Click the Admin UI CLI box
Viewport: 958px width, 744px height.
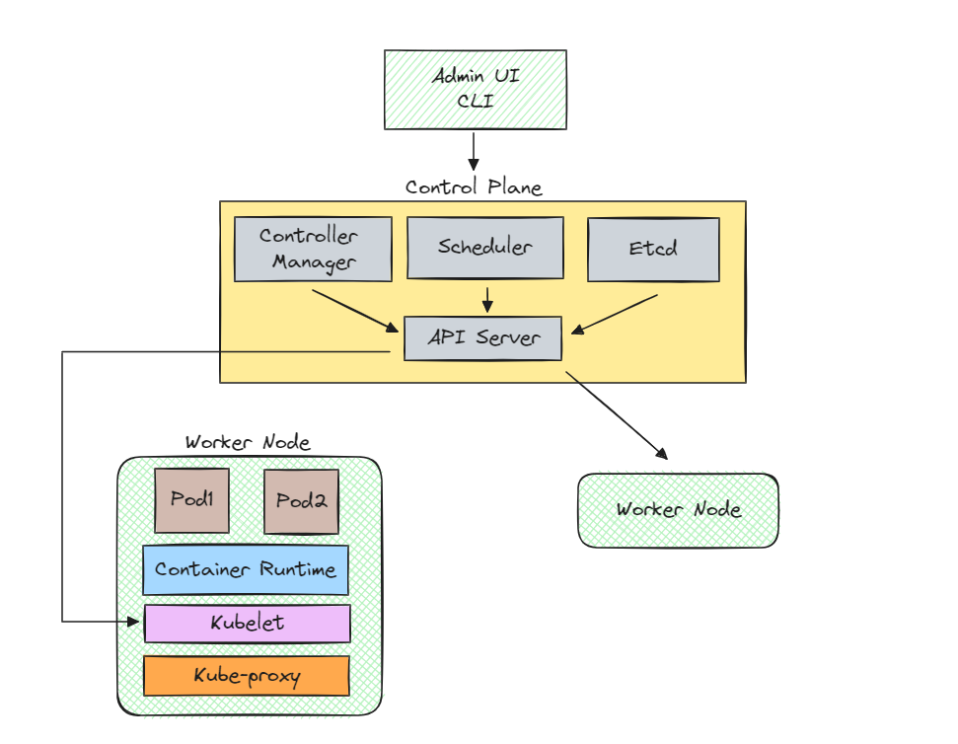pos(475,90)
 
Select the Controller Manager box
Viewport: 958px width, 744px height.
pos(313,249)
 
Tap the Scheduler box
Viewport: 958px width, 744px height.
pos(484,248)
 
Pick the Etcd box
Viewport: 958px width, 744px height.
pos(653,250)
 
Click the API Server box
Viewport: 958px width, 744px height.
pos(482,337)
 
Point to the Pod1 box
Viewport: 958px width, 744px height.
pos(192,500)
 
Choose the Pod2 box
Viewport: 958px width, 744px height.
pos(301,500)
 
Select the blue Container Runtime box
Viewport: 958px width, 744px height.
pos(246,570)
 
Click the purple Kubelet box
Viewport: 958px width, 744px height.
pos(247,624)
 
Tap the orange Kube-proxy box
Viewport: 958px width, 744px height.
pos(247,676)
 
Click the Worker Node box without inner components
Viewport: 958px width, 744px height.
pos(678,510)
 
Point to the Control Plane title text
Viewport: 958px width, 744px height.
pos(474,187)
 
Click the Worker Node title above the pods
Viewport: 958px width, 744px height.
pos(248,443)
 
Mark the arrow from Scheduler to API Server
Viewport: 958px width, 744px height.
pos(486,299)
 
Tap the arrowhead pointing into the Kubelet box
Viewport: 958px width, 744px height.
pos(135,622)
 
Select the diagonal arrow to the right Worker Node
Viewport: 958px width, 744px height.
pos(616,415)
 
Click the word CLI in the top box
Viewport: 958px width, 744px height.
pos(475,102)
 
